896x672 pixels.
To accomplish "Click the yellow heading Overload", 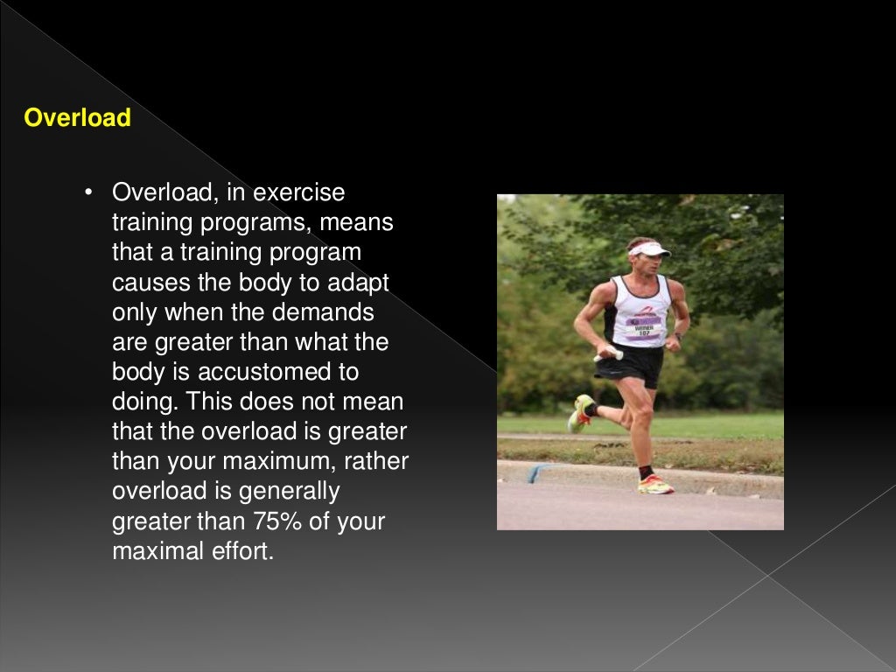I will coord(77,118).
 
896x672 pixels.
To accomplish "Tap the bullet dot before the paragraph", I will coord(89,192).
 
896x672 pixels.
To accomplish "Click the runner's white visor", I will coord(649,249).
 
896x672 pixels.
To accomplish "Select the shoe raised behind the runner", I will coord(580,413).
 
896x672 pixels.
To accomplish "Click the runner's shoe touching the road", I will coord(655,486).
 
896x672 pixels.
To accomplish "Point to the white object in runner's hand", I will coord(609,355).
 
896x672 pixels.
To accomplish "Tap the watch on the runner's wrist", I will coord(677,336).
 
